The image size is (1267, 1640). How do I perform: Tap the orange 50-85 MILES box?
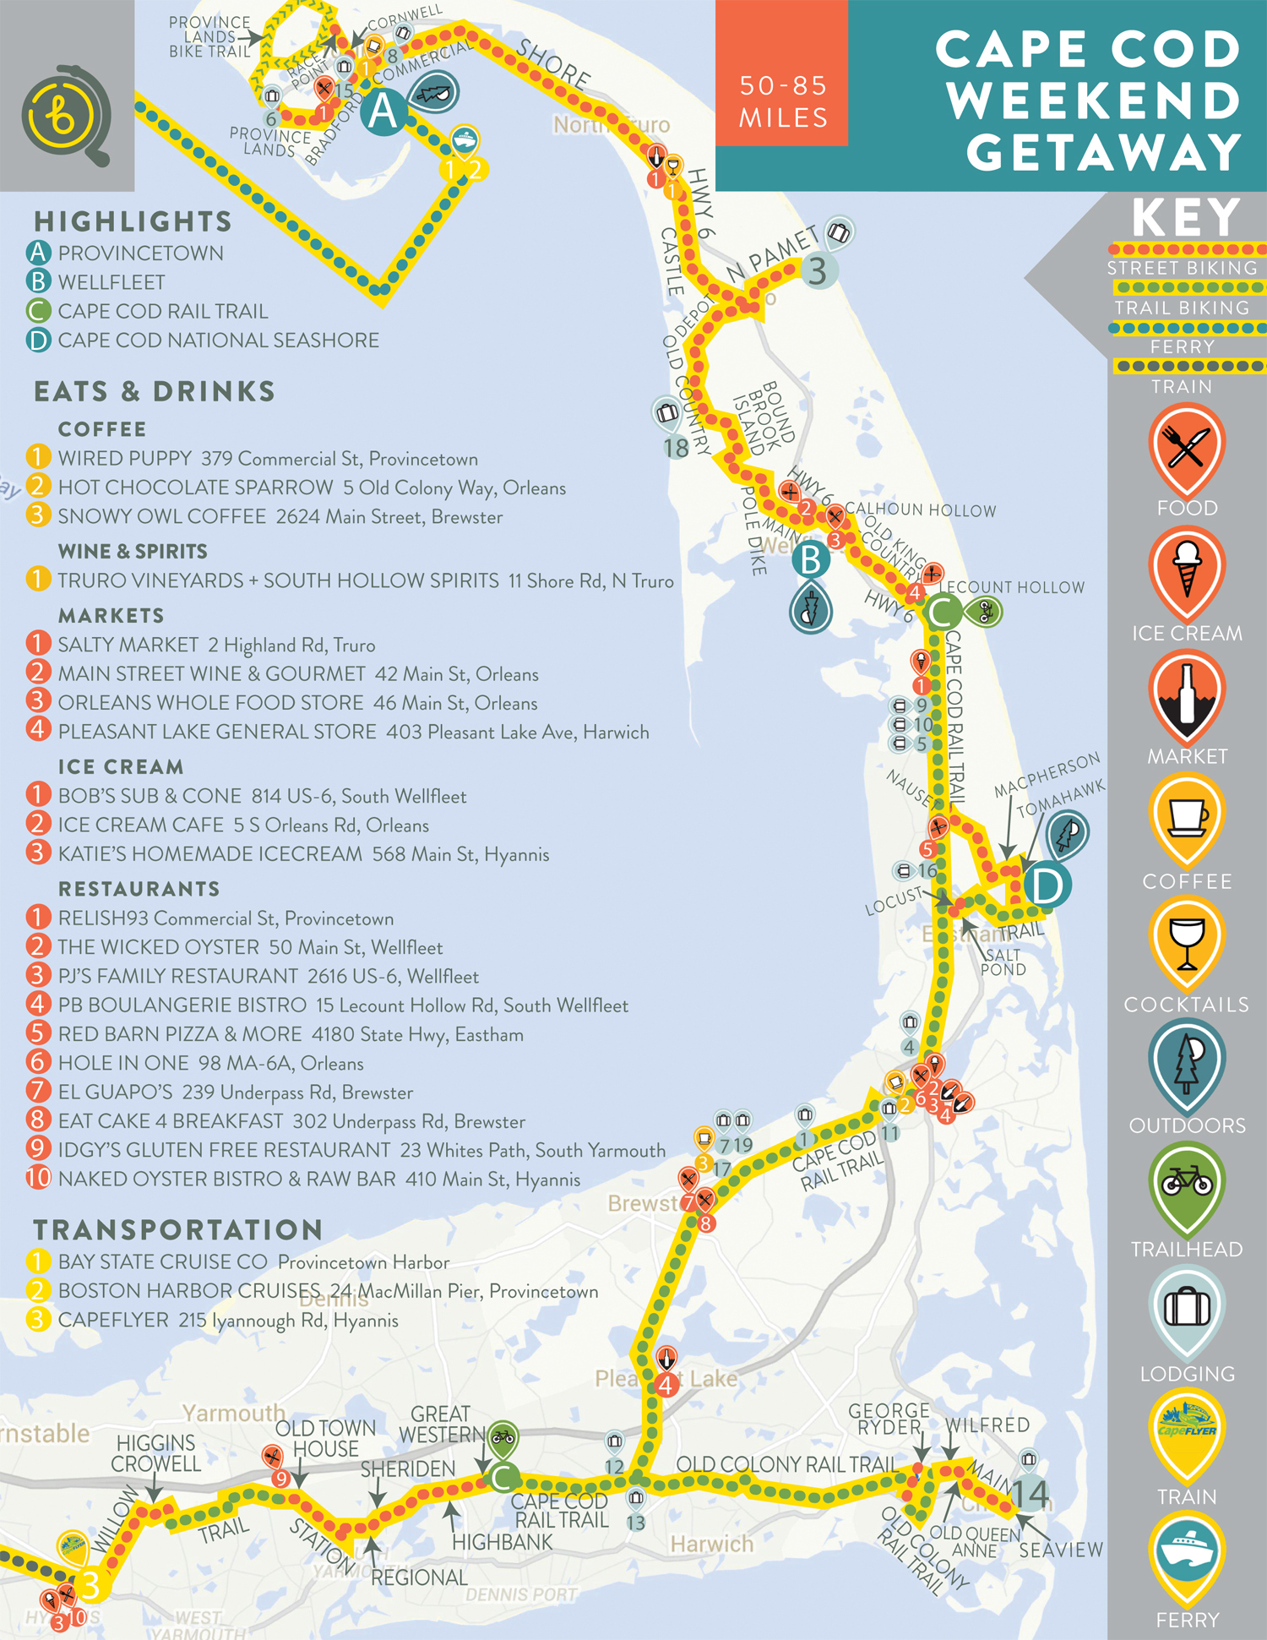782,74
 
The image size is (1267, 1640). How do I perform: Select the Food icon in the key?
1186,449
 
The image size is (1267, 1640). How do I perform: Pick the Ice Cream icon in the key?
1186,572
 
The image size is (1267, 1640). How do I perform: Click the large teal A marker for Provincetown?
383,112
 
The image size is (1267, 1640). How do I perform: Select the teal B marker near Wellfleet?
810,559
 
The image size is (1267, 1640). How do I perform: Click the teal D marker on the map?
1047,886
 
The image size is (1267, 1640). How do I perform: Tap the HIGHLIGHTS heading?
133,221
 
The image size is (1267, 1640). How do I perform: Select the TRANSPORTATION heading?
177,1229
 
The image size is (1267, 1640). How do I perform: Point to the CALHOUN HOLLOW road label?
921,510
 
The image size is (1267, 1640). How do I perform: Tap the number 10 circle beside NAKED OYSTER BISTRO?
38,1178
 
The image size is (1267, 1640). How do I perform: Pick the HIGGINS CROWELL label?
156,1453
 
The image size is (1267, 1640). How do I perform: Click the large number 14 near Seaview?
1030,1495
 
